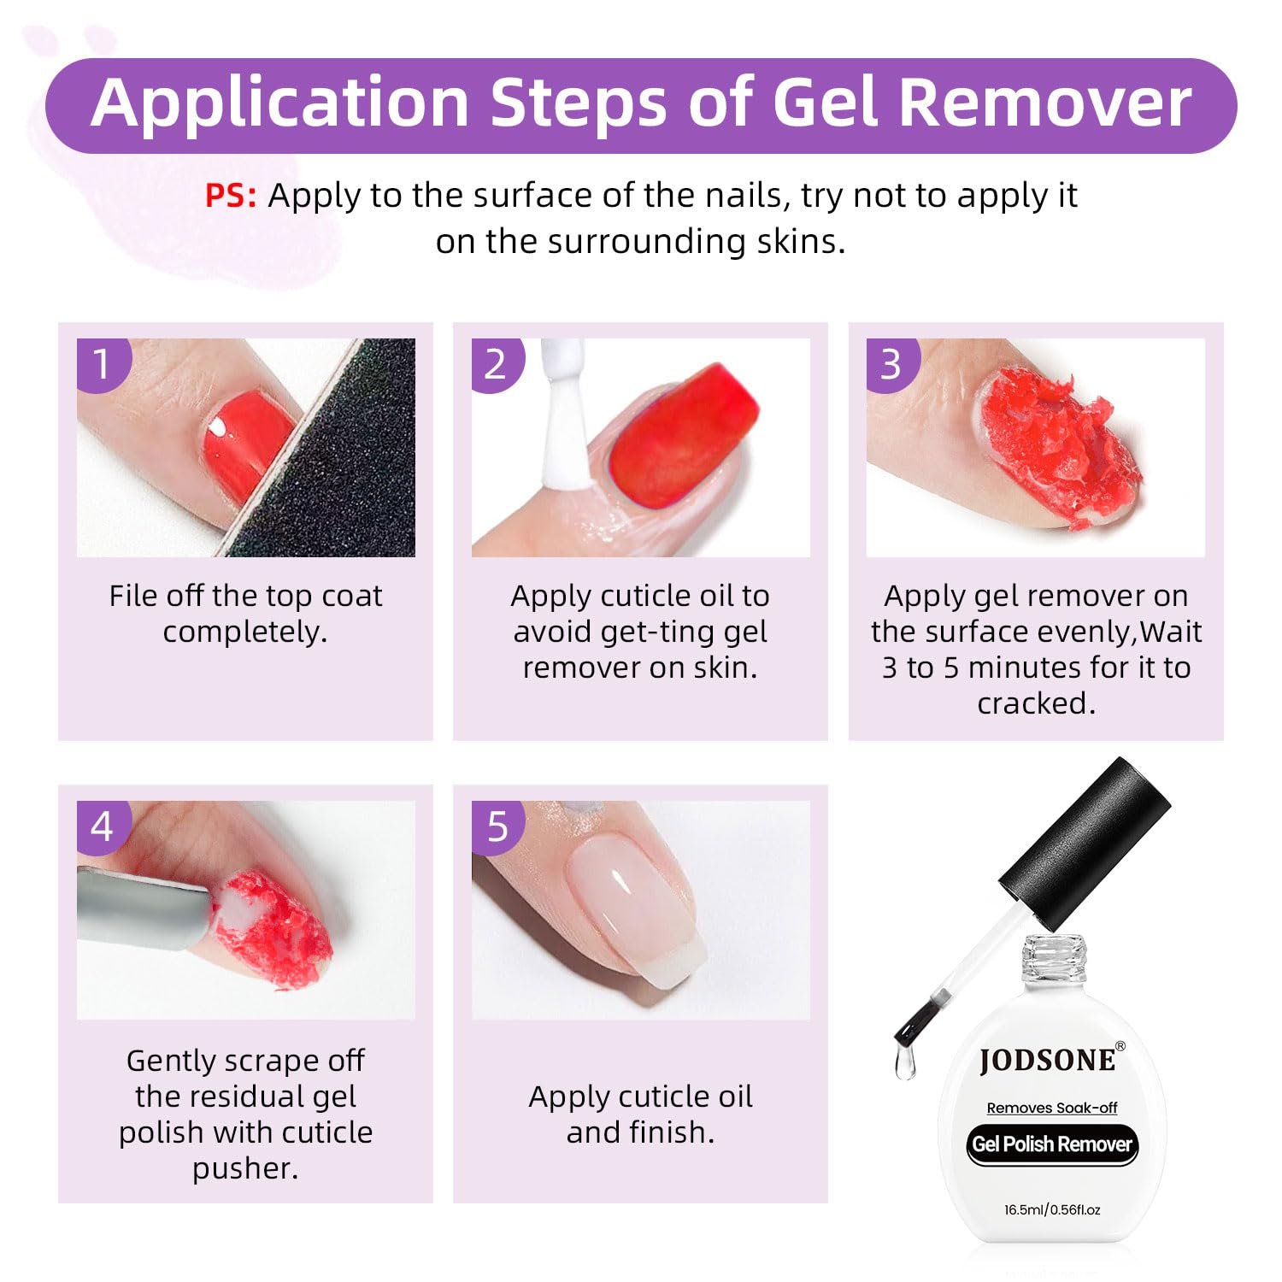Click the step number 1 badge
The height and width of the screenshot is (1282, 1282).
click(x=103, y=364)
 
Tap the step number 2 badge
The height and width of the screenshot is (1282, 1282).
click(x=497, y=364)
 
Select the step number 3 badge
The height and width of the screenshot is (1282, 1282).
click(x=892, y=364)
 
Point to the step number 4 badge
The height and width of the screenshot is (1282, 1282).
click(x=103, y=826)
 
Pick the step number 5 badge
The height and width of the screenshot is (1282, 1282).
click(x=497, y=826)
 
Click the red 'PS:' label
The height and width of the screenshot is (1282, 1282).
click(x=231, y=196)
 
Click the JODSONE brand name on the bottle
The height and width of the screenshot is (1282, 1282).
click(x=1047, y=1060)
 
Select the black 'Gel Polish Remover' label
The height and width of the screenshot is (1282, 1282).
click(x=1052, y=1144)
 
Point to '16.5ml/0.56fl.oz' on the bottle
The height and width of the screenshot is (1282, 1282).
click(x=1052, y=1209)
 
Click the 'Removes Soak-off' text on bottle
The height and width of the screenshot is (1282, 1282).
click(x=1052, y=1108)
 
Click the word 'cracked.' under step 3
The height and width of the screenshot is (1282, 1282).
click(x=1036, y=703)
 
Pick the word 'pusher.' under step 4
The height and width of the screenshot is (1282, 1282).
click(x=245, y=1168)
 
